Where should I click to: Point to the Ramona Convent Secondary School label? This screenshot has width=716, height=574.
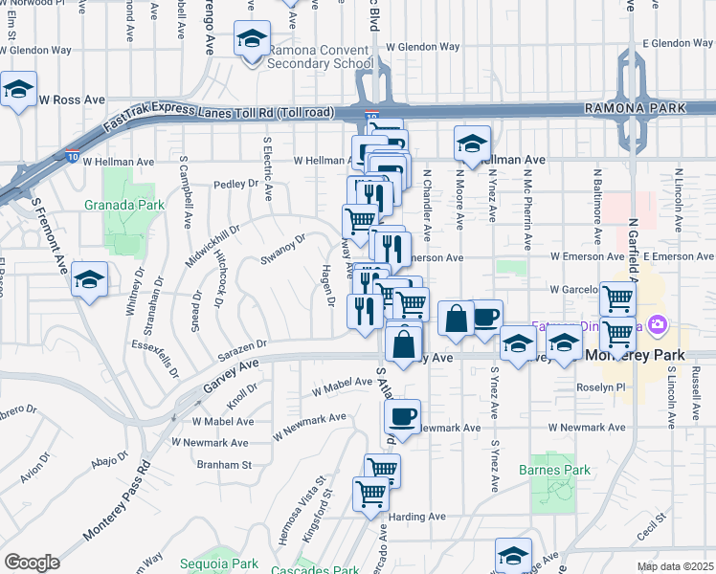point(320,56)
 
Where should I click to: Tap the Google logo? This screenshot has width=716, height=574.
point(32,562)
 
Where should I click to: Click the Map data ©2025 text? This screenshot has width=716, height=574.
point(675,566)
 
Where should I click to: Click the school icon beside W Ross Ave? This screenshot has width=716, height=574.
point(18,89)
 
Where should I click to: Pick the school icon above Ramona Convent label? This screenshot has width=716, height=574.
point(252,38)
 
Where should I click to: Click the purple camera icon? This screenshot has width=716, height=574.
point(658,324)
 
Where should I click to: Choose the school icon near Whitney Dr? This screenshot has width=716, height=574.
point(89,279)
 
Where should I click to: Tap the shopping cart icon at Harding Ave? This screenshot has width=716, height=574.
point(370,494)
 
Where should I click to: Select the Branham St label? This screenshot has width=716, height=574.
point(224,465)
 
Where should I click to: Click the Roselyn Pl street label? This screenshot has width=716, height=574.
point(600,387)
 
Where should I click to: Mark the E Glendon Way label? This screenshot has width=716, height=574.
point(678,44)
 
